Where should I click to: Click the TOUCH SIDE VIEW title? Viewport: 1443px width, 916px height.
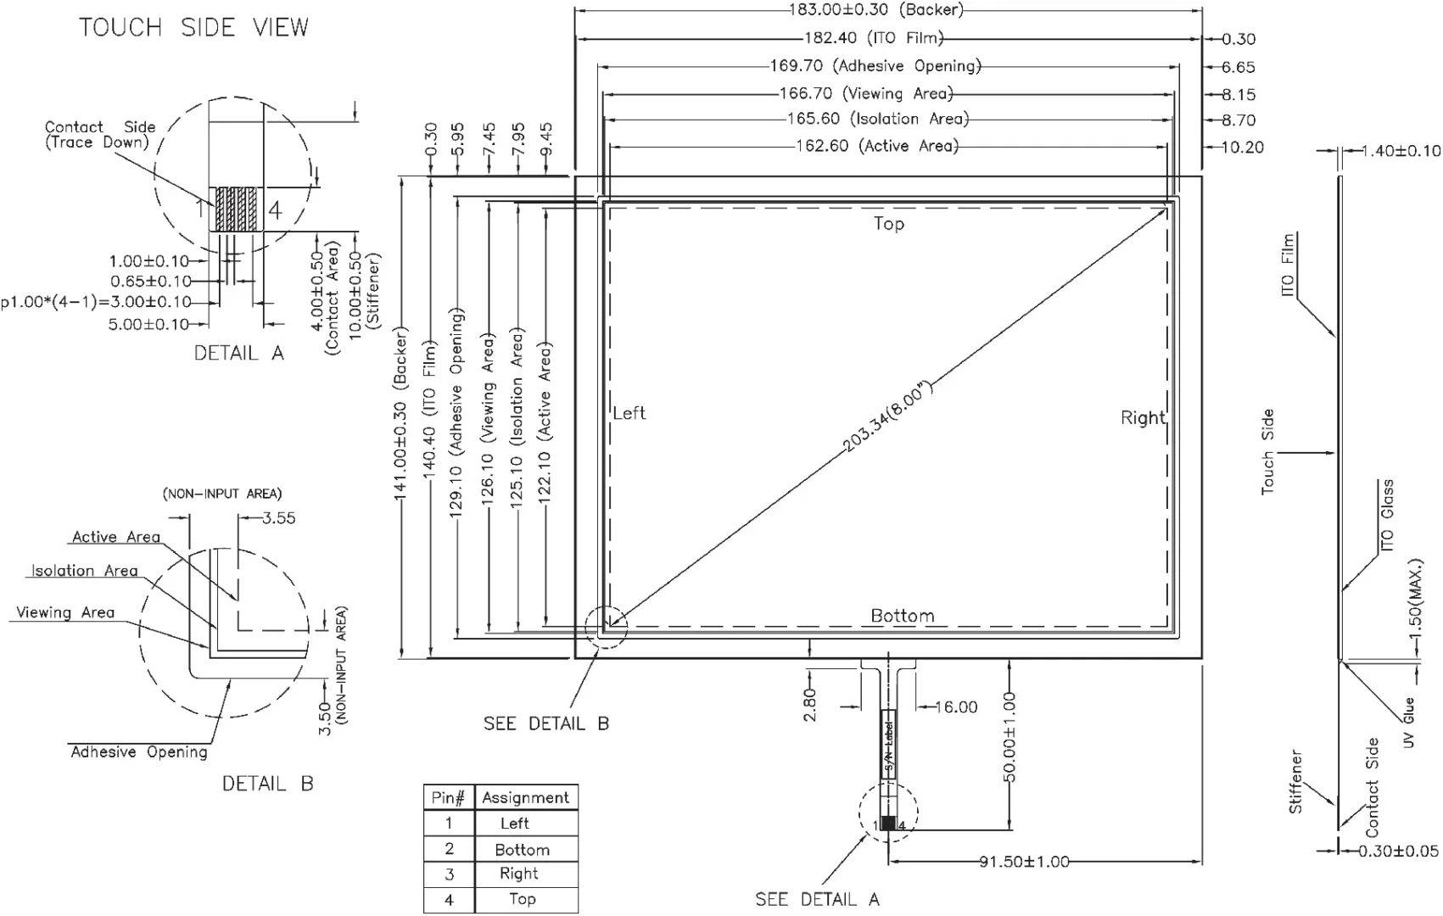pyautogui.click(x=194, y=28)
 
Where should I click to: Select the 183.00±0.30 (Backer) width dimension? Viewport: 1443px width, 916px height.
pyautogui.click(x=875, y=10)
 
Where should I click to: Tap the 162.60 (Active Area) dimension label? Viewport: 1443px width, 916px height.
pyautogui.click(x=876, y=146)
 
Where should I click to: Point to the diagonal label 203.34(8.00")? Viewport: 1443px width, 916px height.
pyautogui.click(x=889, y=417)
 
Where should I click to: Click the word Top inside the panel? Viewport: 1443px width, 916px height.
pyautogui.click(x=889, y=223)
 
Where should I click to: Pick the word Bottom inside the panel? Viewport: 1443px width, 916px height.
pyautogui.click(x=902, y=616)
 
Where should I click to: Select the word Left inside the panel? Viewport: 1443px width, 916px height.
pyautogui.click(x=629, y=413)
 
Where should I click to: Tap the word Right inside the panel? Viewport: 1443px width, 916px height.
pyautogui.click(x=1142, y=418)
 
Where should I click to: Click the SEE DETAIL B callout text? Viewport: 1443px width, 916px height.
pyautogui.click(x=545, y=723)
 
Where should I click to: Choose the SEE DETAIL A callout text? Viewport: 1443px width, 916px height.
pyautogui.click(x=817, y=899)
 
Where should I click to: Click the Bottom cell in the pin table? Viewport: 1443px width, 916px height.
pyautogui.click(x=523, y=849)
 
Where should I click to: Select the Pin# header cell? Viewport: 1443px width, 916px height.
pyautogui.click(x=449, y=797)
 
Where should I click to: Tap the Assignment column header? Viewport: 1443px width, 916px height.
pyautogui.click(x=525, y=797)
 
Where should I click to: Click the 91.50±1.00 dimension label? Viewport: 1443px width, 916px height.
pyautogui.click(x=1024, y=862)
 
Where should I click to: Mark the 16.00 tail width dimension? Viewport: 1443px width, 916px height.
pyautogui.click(x=956, y=707)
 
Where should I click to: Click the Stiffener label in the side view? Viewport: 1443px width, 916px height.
pyautogui.click(x=1295, y=781)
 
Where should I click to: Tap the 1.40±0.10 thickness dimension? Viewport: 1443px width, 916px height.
pyautogui.click(x=1401, y=151)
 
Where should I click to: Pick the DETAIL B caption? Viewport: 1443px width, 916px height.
pyautogui.click(x=267, y=784)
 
